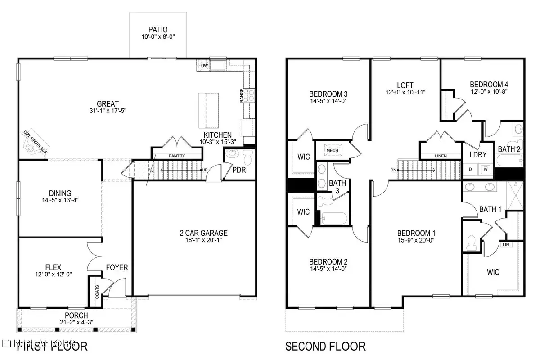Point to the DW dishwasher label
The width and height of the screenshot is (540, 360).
(x=203, y=66)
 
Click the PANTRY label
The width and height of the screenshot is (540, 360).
(x=176, y=156)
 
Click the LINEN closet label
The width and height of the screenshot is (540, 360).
(x=441, y=156)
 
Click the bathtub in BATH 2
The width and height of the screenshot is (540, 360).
(x=509, y=161)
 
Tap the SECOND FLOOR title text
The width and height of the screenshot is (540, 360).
(x=326, y=346)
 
